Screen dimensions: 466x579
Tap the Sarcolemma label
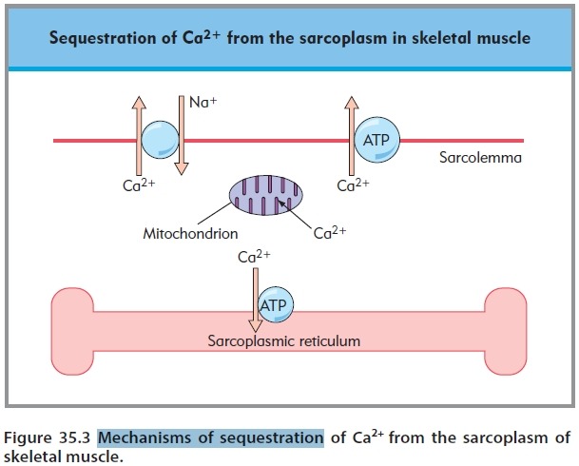click(480, 157)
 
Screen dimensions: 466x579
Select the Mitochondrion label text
click(190, 232)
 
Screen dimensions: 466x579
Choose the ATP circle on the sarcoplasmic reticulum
click(275, 304)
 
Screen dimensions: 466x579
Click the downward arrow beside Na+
click(182, 133)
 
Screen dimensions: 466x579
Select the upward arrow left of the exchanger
click(135, 133)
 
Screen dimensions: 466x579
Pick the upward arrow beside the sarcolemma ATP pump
click(348, 133)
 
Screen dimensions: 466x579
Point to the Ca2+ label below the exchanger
click(138, 185)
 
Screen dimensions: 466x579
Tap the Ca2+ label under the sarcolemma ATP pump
click(353, 185)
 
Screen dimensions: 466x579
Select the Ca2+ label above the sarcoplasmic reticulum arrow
click(255, 258)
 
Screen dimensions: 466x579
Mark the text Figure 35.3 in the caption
click(47, 438)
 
